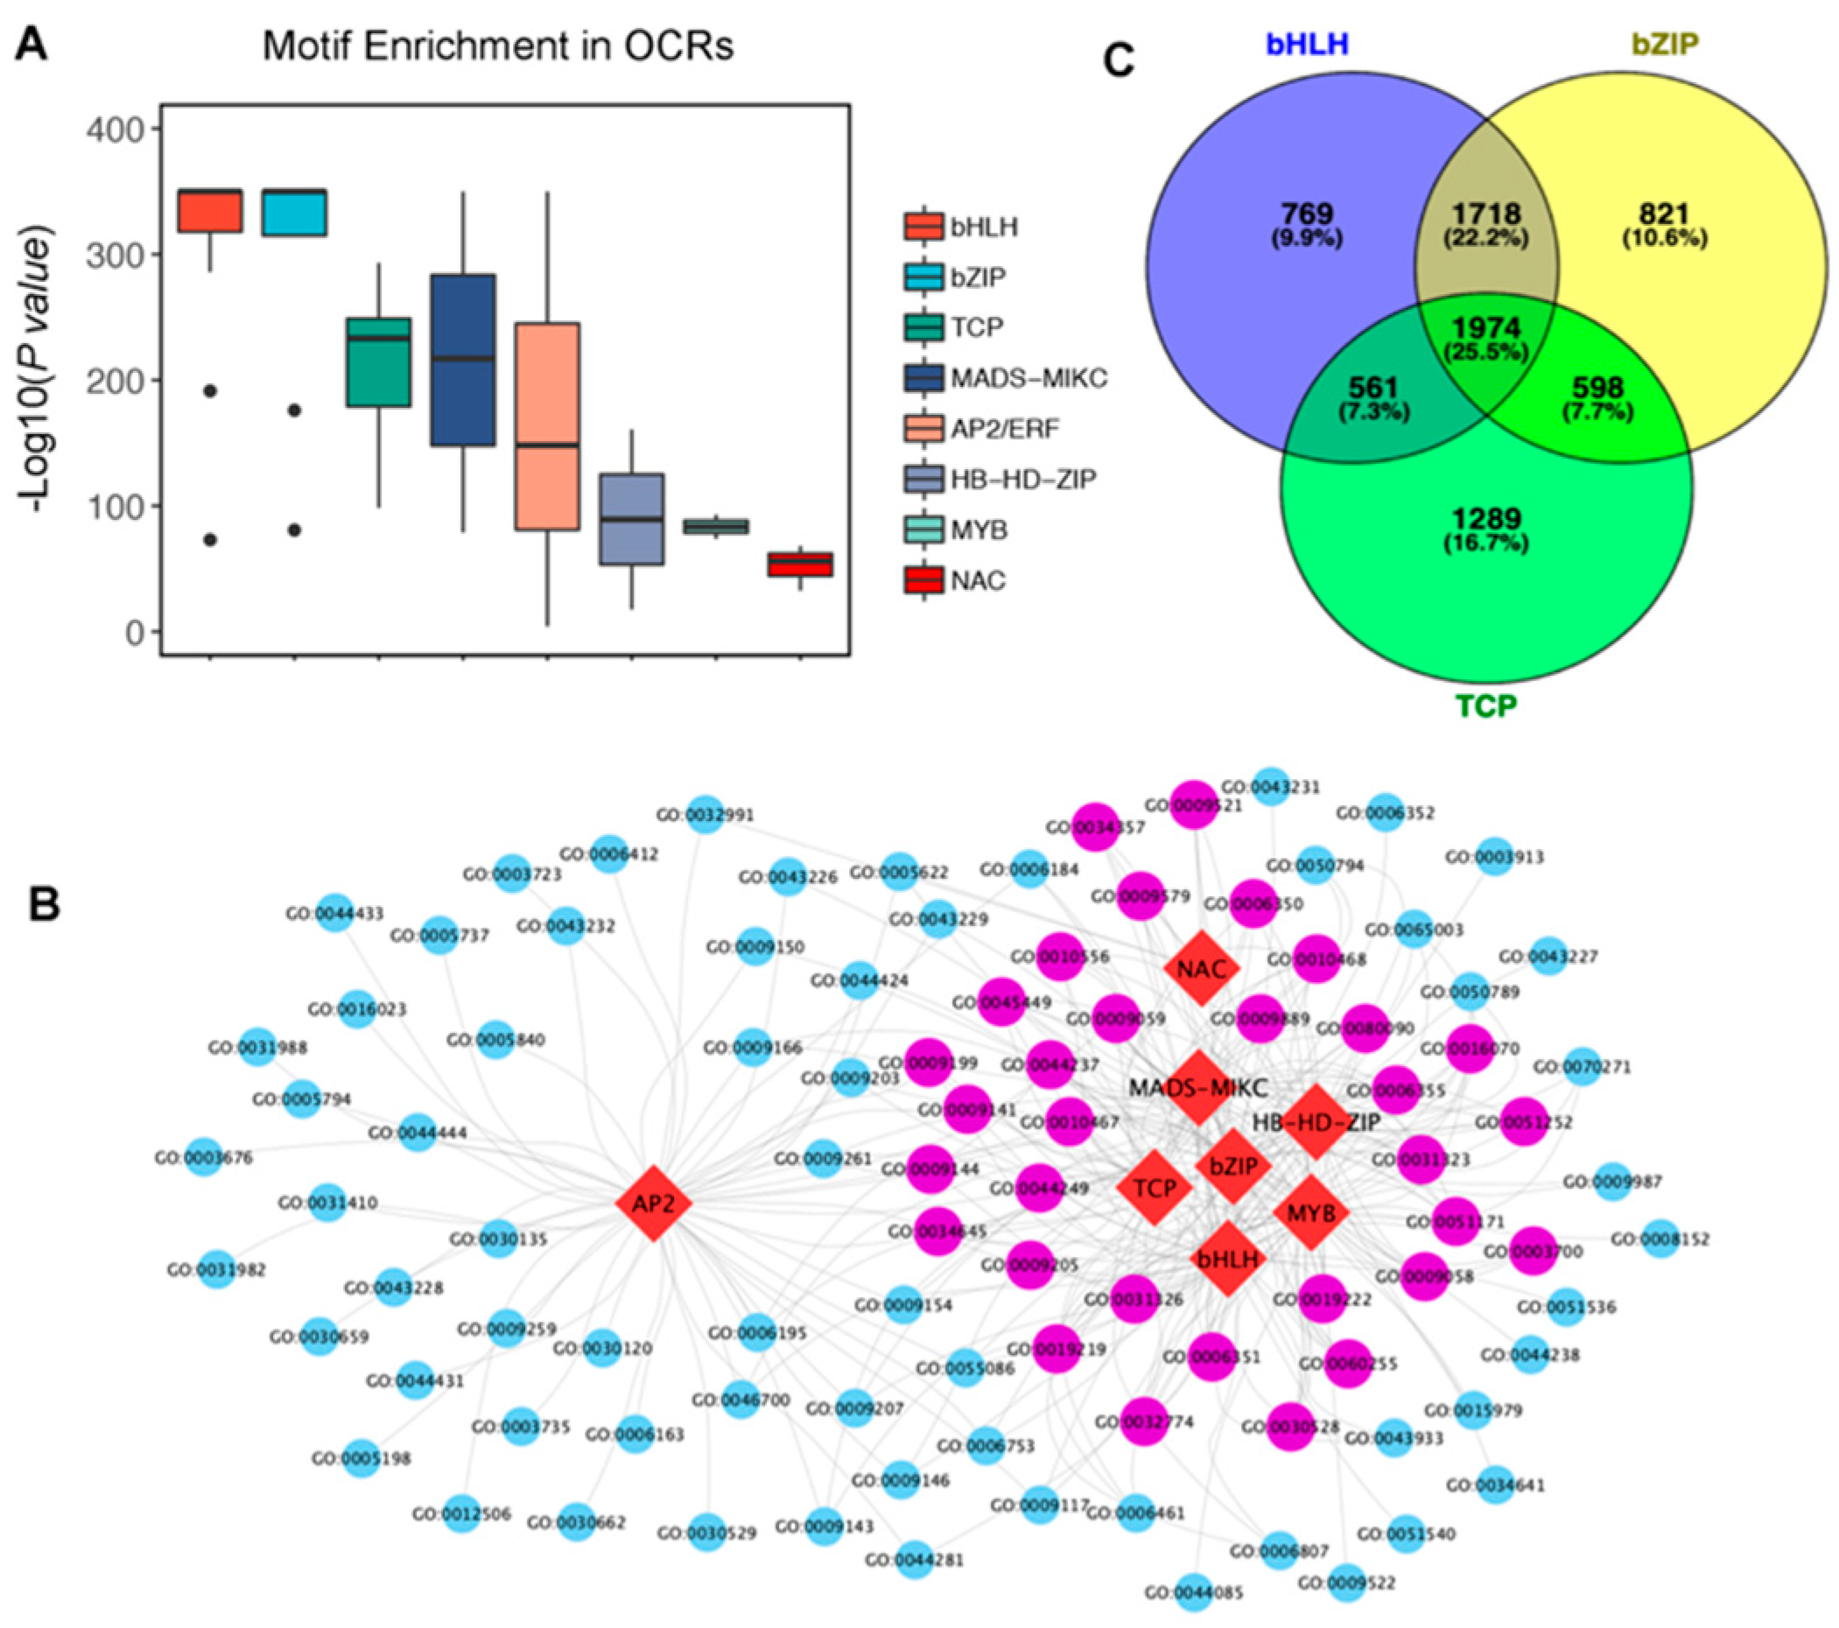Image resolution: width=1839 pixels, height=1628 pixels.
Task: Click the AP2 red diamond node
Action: [653, 1203]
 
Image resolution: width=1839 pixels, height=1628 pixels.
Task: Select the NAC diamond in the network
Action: [1201, 969]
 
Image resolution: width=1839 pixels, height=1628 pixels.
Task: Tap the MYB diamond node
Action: [1311, 1213]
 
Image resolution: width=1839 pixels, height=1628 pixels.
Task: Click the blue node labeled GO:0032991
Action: [705, 815]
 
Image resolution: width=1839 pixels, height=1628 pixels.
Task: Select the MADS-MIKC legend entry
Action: [1028, 379]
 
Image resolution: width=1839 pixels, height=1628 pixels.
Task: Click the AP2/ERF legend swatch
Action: [924, 429]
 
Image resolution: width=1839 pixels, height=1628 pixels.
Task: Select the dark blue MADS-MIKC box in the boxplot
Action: [462, 360]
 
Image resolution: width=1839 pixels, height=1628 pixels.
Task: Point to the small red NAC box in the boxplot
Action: [800, 564]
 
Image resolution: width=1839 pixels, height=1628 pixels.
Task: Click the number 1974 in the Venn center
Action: [1485, 328]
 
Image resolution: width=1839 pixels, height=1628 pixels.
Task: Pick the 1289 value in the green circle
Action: [1486, 519]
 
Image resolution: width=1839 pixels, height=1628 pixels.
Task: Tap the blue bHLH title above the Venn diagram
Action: [1308, 43]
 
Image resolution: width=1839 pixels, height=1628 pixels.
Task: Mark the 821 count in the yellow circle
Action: [1664, 214]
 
